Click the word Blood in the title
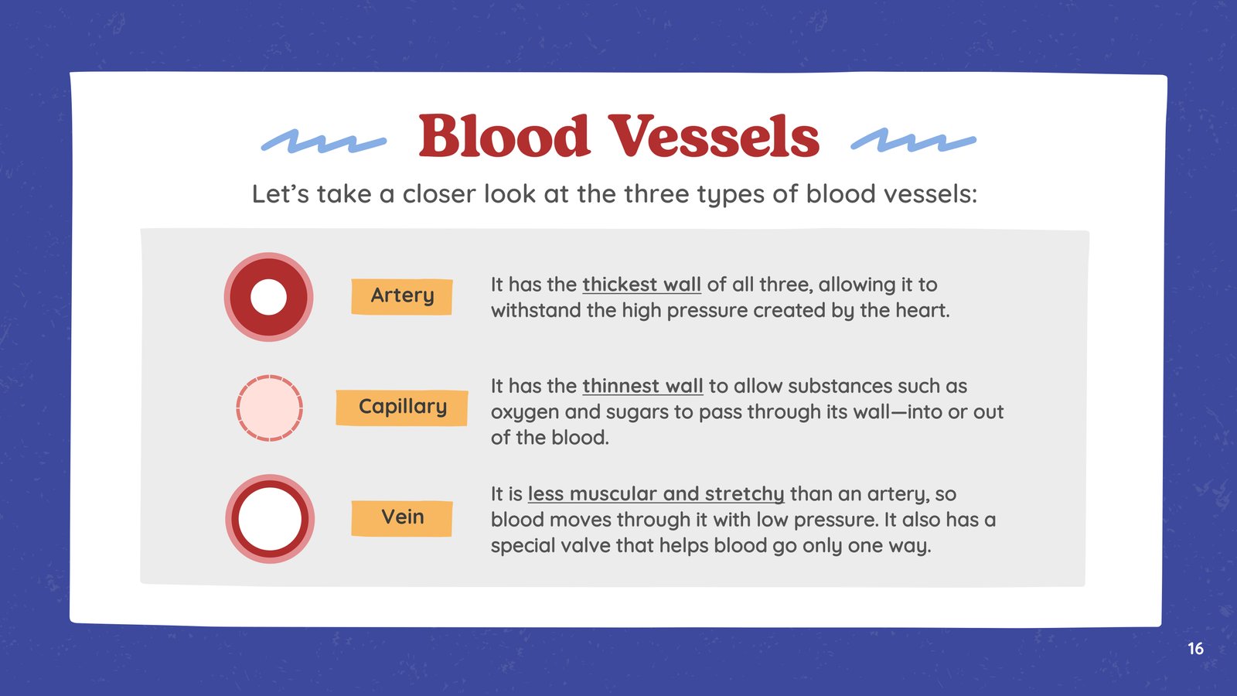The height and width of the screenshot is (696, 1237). pos(504,135)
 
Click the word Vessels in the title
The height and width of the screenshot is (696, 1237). pos(714,135)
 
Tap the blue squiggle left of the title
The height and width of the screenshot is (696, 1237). pos(324,141)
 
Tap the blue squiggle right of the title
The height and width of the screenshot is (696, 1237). pos(913,140)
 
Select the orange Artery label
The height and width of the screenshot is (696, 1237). pos(402,297)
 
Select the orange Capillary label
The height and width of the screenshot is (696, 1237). pos(402,408)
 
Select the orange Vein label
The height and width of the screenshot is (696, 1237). pos(402,518)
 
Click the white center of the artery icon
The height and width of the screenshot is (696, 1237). pos(268,297)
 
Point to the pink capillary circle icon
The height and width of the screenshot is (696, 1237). pos(270,408)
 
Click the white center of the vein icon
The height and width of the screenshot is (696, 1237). pos(270,519)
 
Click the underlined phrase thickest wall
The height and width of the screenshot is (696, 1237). pos(642,285)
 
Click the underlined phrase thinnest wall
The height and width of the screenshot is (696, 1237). pos(642,386)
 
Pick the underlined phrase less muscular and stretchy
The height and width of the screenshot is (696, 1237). pos(656,494)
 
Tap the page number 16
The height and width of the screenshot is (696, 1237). pos(1195,649)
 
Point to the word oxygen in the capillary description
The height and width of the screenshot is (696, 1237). pos(525,413)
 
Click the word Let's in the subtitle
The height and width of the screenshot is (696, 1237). pos(281,194)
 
